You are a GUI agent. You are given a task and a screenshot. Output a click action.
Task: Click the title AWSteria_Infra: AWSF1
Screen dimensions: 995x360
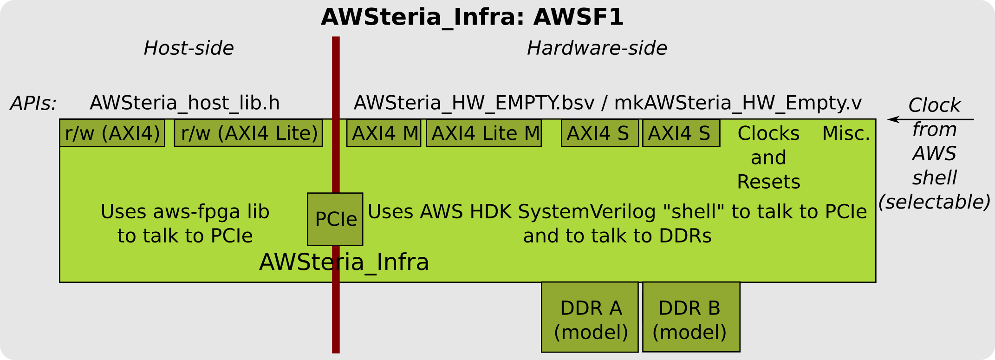(x=472, y=17)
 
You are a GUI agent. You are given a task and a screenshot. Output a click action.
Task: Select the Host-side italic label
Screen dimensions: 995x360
(x=188, y=48)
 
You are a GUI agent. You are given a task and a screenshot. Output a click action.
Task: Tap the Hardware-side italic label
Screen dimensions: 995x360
(x=597, y=48)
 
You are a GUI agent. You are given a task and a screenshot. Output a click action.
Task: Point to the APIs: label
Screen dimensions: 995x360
(x=33, y=104)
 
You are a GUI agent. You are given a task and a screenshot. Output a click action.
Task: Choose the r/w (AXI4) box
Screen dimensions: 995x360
(x=112, y=133)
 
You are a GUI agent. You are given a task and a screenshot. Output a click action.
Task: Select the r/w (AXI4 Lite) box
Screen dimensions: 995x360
(x=248, y=133)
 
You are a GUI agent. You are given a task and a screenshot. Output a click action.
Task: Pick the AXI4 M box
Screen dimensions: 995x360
(x=384, y=133)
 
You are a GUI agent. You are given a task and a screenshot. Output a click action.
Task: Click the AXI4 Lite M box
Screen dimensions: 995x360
(x=484, y=133)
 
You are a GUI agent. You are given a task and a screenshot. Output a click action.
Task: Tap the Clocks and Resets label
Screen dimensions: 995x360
(x=768, y=157)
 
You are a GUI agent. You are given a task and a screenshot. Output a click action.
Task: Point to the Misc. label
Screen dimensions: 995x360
(x=845, y=134)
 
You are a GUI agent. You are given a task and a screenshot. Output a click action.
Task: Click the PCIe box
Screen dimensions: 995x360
(x=335, y=219)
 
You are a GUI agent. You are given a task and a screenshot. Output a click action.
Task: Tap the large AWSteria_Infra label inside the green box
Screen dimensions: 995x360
(x=344, y=262)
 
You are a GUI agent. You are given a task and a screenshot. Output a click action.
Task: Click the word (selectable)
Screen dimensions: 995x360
(x=934, y=202)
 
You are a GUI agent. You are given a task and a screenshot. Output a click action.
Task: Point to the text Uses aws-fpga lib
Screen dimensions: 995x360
(x=185, y=212)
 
